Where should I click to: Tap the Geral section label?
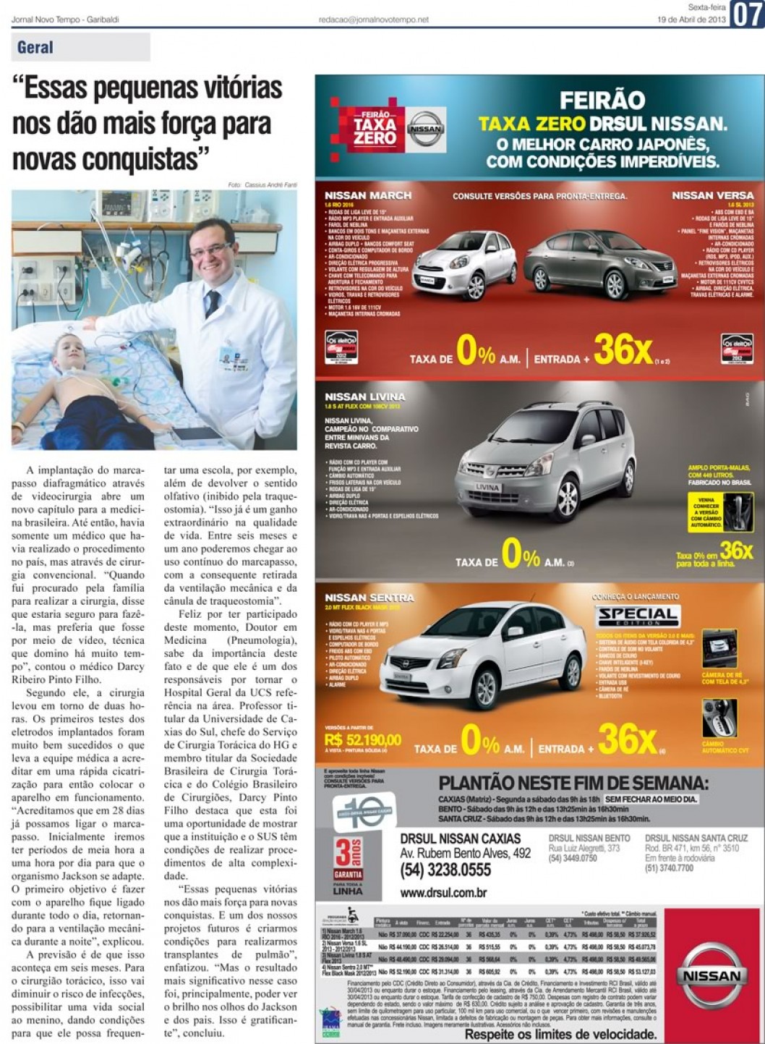(35, 48)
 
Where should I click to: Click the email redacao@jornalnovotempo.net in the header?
(373, 20)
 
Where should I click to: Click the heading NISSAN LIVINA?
(365, 396)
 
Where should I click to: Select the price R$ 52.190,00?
(363, 740)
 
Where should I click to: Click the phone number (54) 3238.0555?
(445, 869)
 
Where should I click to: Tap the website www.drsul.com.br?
(443, 893)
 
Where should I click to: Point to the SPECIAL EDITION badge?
(638, 616)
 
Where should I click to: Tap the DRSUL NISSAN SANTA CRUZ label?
(696, 838)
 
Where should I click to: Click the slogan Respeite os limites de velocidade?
(560, 1035)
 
